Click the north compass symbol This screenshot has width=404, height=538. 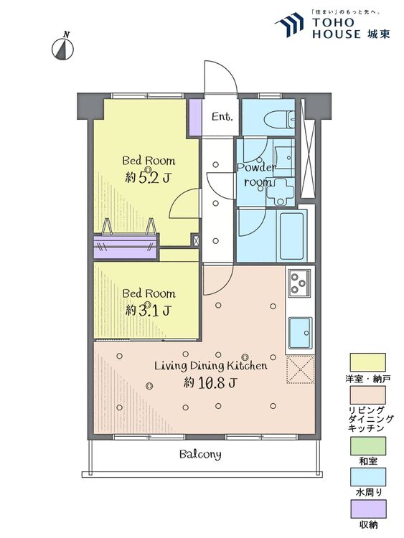point(63,48)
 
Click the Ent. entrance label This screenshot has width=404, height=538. point(222,117)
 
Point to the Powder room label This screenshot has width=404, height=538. point(257,174)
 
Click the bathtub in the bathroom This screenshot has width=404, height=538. point(292,236)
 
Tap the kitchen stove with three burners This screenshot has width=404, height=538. point(300,283)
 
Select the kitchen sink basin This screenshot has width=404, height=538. point(300,333)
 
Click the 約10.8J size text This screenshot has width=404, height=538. point(210,382)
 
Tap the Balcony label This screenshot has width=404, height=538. point(200,455)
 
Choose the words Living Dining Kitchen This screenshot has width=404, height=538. point(211,365)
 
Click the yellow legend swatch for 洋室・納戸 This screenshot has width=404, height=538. point(367,362)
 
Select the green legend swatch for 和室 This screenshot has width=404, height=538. point(367,445)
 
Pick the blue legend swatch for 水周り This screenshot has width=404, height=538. point(367,477)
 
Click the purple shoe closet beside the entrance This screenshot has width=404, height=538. point(195,118)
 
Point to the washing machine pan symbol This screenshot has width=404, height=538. point(281,192)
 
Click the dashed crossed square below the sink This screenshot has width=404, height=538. point(301,369)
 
